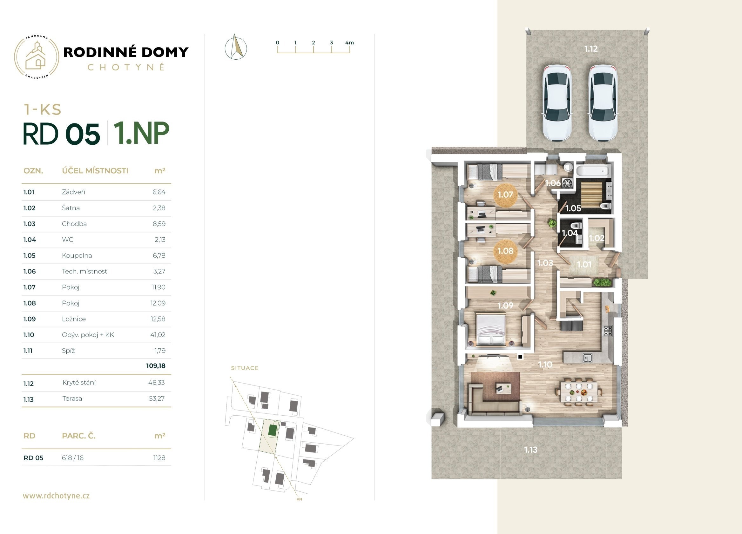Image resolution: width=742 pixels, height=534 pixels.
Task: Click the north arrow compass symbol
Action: coord(236,47)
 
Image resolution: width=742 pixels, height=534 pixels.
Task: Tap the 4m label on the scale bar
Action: coord(349,43)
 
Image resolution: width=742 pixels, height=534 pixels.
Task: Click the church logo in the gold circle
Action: coord(36,56)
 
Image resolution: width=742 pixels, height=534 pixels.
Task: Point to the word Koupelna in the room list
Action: coord(77,255)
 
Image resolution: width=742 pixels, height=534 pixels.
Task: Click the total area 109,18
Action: coord(156,366)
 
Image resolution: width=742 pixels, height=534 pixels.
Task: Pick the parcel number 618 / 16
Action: coord(73,458)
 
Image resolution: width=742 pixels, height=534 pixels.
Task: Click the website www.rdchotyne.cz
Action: coord(56,496)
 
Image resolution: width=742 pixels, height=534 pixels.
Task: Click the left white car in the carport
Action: coord(557,103)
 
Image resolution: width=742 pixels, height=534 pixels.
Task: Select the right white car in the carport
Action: coord(603,103)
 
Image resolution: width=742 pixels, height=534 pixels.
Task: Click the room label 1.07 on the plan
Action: coord(505,195)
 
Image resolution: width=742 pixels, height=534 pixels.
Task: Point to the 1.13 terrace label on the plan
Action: coord(531,450)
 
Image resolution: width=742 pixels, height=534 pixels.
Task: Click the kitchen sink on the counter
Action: coord(587,358)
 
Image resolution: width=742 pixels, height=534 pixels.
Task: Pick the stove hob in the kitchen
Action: coord(608,331)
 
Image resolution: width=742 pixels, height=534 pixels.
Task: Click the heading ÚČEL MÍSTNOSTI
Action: coord(95,171)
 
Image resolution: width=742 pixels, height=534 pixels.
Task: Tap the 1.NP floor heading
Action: coord(141,133)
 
